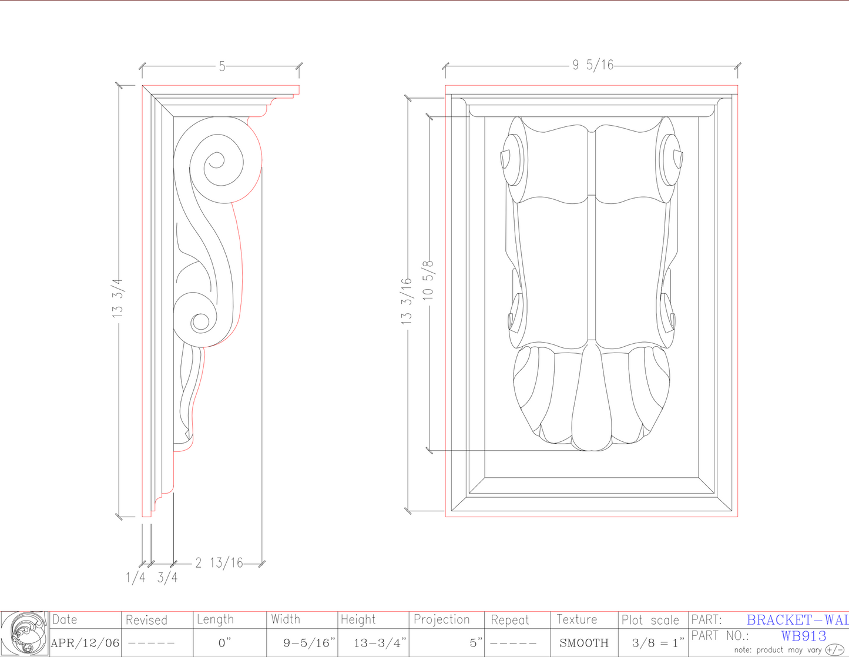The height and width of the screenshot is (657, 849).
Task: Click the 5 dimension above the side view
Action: coord(222,66)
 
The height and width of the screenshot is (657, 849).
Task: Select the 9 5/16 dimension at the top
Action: coord(593,65)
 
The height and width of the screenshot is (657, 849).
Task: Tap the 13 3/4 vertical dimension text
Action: coord(118,299)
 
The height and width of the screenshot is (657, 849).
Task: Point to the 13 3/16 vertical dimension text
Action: coord(407,301)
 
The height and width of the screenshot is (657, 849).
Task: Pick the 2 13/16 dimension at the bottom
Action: coord(219,563)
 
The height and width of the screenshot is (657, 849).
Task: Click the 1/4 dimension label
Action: coord(136,578)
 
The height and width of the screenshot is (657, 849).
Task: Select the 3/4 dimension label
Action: coord(167,578)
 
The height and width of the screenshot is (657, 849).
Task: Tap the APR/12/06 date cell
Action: coord(85,643)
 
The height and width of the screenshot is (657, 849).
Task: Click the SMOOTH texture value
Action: coord(584,643)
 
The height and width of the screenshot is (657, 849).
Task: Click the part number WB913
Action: coord(804,636)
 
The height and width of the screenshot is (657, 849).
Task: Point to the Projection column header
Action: coord(442,619)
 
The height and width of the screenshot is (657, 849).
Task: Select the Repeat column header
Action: coord(510,620)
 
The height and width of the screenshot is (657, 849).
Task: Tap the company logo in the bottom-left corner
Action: coord(25,633)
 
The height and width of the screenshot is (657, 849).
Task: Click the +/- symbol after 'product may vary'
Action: coord(835,649)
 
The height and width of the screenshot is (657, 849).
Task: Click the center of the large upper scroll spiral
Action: coord(216,160)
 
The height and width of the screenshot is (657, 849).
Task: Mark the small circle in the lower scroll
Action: coord(200,321)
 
